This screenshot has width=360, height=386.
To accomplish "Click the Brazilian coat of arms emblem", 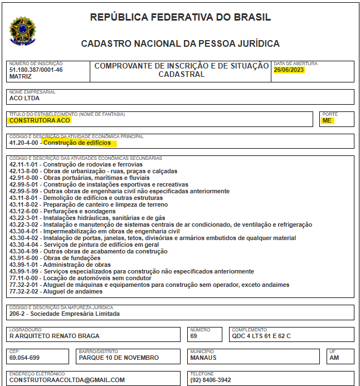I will pos(23,31).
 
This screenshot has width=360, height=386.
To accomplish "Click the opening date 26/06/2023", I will pos(289,70).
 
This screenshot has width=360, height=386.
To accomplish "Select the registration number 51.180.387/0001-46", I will pos(36,70).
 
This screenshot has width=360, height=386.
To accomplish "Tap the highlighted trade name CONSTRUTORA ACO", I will pos(40,120).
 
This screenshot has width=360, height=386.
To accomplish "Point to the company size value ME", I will pos(327,120).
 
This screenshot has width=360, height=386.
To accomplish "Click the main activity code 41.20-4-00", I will pos(24,143).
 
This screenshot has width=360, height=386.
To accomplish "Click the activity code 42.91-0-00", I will pos(24,178).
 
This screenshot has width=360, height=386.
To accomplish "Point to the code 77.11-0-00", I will pos(24,278).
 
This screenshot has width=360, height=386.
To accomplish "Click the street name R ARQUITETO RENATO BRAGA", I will pos(55,336).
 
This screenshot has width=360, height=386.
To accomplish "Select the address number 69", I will pos(193,336).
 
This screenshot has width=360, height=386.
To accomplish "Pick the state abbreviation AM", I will pos(334,358).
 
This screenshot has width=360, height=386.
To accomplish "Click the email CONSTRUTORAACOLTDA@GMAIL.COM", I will pos(67,380).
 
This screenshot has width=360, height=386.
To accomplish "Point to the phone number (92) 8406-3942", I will pos(210,380).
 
